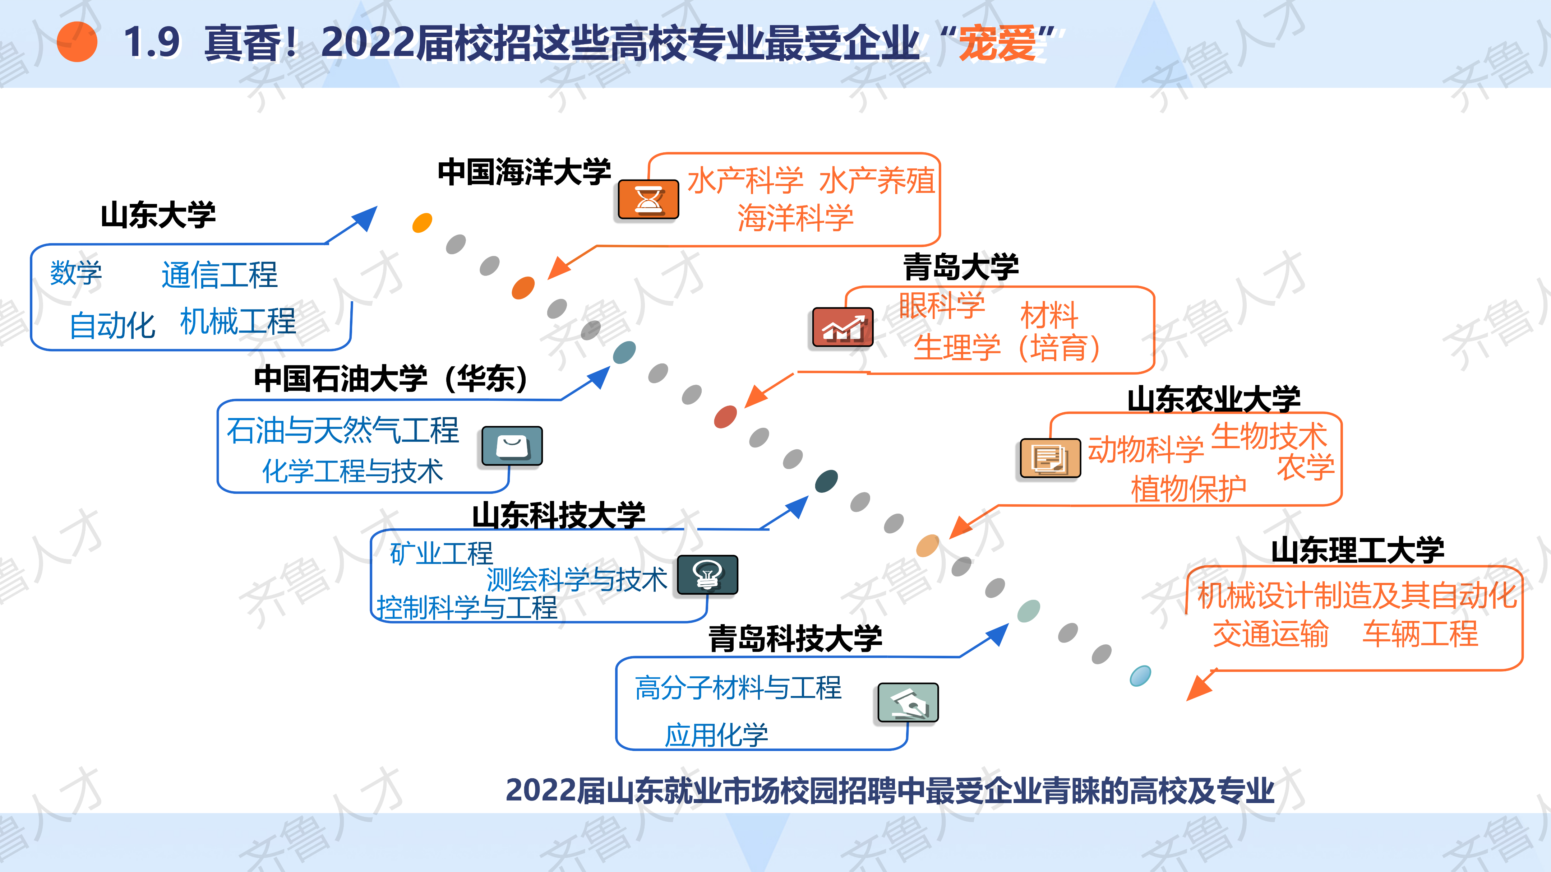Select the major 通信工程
pos(220,275)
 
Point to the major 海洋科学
pos(795,218)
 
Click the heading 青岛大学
pos(961,266)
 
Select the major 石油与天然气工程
pos(343,430)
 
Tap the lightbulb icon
pos(707,575)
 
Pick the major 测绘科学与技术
pos(576,580)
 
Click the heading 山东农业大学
pos(1214,399)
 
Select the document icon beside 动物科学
pos(1050,459)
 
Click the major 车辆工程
pos(1420,634)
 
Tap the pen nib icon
pos(908,702)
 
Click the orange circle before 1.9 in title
pos(77,42)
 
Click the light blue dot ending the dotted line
pos(1140,676)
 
